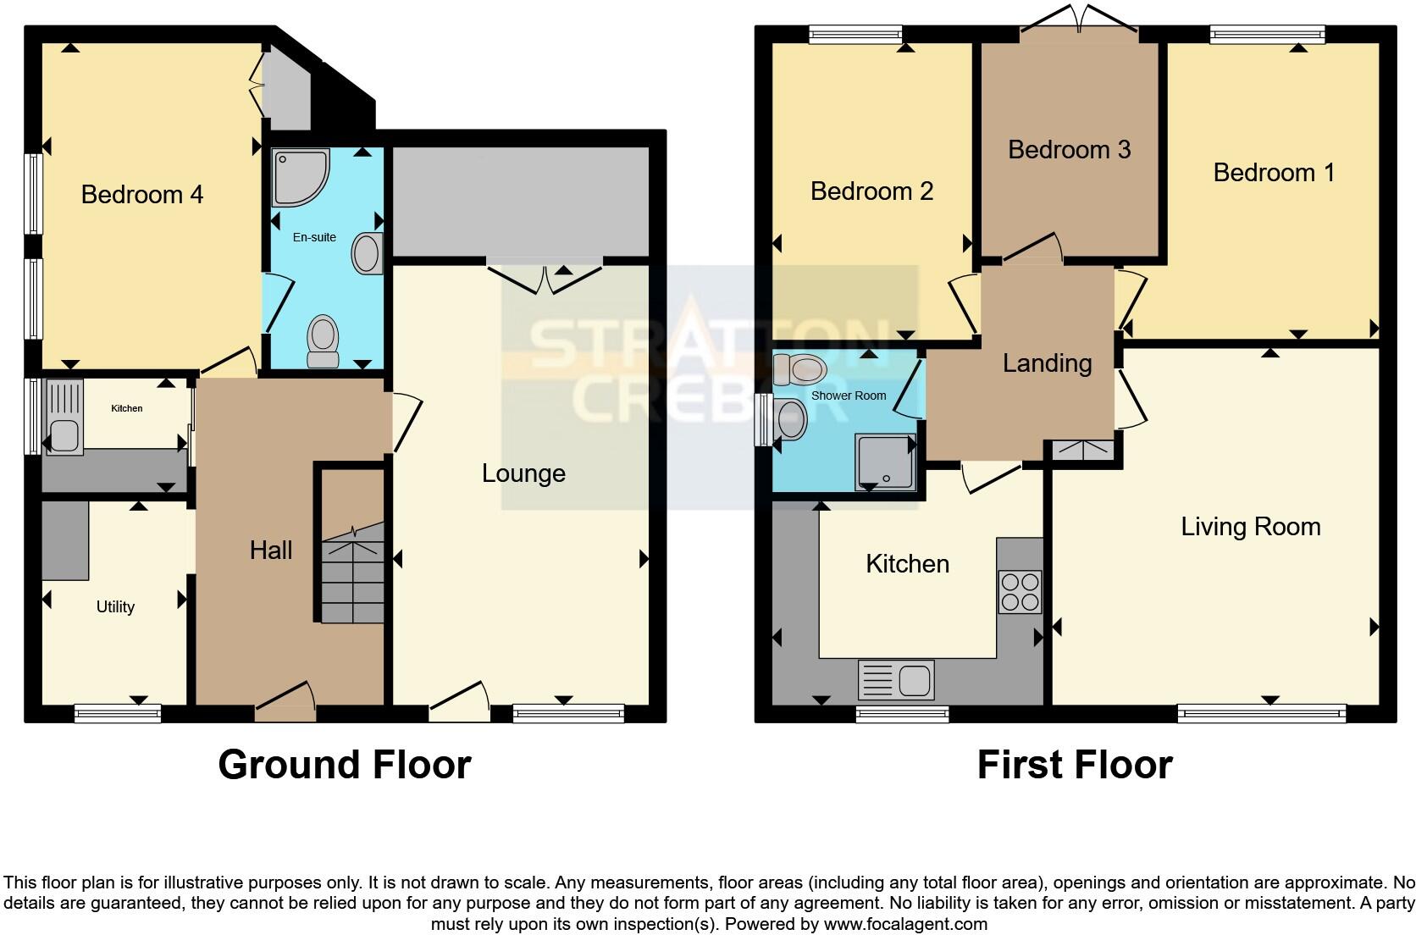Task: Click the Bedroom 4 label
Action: click(141, 195)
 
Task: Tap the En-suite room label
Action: click(314, 238)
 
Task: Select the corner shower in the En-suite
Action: click(298, 177)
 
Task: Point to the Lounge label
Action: click(523, 473)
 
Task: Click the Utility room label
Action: click(115, 607)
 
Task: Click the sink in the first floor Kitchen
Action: click(896, 680)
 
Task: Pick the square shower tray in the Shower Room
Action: click(886, 462)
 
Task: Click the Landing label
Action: click(1047, 363)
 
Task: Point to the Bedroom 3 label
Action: click(1069, 150)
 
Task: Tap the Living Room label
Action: click(1250, 527)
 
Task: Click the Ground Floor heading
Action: click(344, 765)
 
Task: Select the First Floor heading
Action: click(1074, 765)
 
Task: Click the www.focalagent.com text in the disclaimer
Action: click(904, 924)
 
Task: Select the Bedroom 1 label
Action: click(1273, 173)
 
